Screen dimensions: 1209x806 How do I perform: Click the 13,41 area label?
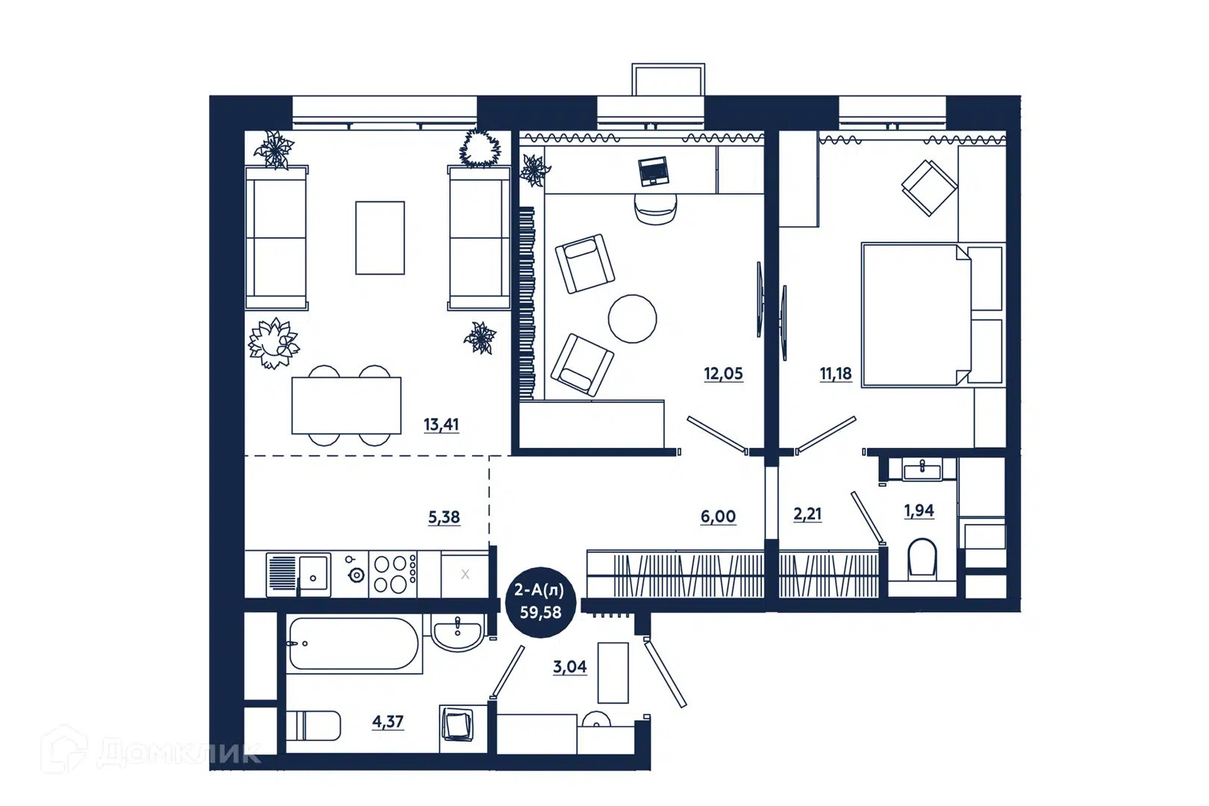pyautogui.click(x=441, y=425)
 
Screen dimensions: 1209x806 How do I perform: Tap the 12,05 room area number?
pyautogui.click(x=723, y=374)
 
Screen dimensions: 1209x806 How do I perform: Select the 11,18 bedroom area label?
pyautogui.click(x=836, y=374)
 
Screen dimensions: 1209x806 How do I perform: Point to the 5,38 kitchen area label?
pyautogui.click(x=443, y=518)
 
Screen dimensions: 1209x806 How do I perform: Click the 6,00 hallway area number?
pyautogui.click(x=718, y=516)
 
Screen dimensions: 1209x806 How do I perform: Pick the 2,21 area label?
pyautogui.click(x=807, y=514)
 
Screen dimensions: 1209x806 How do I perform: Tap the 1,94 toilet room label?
pyautogui.click(x=919, y=510)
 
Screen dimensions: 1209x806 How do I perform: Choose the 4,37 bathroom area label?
pyautogui.click(x=387, y=722)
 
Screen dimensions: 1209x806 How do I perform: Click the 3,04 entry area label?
pyautogui.click(x=570, y=667)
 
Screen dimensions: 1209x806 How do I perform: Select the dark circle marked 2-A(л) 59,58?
pyautogui.click(x=540, y=602)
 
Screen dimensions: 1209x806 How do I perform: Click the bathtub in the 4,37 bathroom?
pyautogui.click(x=354, y=644)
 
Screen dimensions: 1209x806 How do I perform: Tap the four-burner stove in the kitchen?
pyautogui.click(x=393, y=575)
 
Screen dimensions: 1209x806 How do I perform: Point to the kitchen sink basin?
pyautogui.click(x=313, y=575)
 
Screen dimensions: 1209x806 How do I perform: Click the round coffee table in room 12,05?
pyautogui.click(x=632, y=319)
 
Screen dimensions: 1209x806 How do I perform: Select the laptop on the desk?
pyautogui.click(x=654, y=171)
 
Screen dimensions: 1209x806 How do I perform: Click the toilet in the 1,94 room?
pyautogui.click(x=922, y=558)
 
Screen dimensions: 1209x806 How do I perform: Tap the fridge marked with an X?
pyautogui.click(x=465, y=575)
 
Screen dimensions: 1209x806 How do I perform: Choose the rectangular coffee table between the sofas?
pyautogui.click(x=380, y=238)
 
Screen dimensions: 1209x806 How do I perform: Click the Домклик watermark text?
pyautogui.click(x=178, y=752)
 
